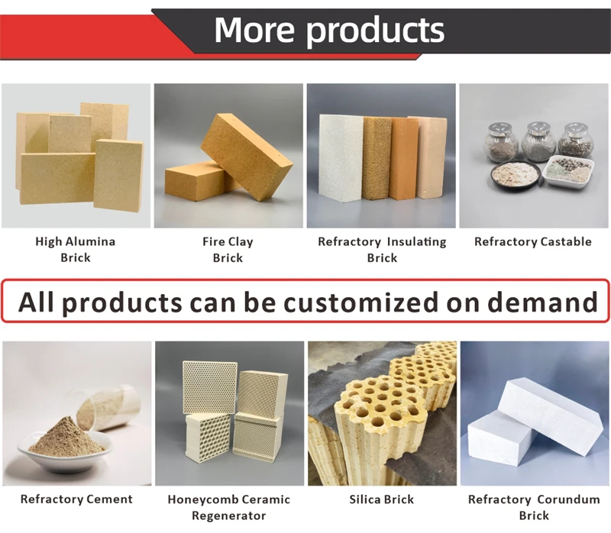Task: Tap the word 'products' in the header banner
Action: click(375, 31)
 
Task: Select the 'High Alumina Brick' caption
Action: click(76, 250)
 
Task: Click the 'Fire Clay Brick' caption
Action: click(228, 250)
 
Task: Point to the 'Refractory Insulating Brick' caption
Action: click(382, 250)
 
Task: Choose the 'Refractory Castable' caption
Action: click(533, 242)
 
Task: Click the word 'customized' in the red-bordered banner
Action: click(375, 303)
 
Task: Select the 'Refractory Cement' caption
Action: click(76, 499)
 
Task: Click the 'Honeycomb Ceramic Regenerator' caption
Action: click(229, 507)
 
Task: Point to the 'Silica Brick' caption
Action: click(382, 499)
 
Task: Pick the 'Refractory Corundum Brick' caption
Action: click(533, 507)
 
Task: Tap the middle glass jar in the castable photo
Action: click(538, 141)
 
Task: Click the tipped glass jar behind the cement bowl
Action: click(115, 409)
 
